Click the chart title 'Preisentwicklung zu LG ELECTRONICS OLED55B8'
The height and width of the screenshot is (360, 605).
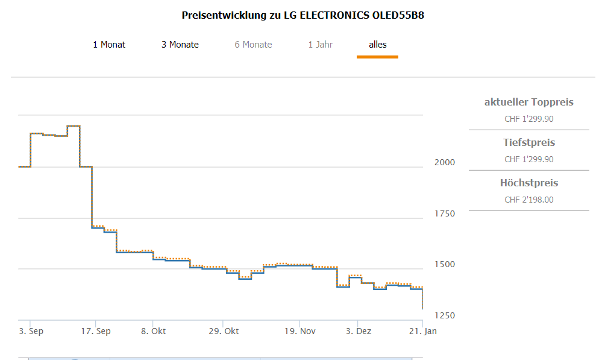(x=302, y=15)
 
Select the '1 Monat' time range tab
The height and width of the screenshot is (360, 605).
(x=109, y=45)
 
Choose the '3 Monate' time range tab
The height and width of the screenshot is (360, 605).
(x=180, y=45)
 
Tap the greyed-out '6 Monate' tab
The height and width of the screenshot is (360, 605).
(x=253, y=45)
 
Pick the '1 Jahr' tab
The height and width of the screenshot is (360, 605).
(x=320, y=45)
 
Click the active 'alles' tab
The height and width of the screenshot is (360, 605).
(x=377, y=45)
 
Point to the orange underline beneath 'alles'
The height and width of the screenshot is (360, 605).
(x=377, y=57)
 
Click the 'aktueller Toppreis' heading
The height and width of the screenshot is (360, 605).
(x=528, y=103)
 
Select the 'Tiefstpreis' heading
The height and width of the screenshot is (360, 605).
(x=528, y=143)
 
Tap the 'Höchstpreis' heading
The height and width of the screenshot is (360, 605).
(x=528, y=183)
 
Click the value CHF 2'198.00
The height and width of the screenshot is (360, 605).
(x=528, y=200)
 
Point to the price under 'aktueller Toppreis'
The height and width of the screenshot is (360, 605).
(x=528, y=119)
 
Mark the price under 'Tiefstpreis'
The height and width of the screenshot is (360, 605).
(x=528, y=159)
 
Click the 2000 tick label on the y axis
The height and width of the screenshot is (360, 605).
(x=444, y=163)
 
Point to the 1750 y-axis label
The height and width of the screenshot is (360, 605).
(x=444, y=213)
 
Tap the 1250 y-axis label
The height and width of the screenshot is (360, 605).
(x=444, y=315)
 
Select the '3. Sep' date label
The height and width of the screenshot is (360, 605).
(x=31, y=331)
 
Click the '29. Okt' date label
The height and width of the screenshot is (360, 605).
(x=223, y=331)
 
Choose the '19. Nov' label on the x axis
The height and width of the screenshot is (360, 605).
(x=299, y=331)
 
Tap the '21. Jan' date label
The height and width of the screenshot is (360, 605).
(x=423, y=331)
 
